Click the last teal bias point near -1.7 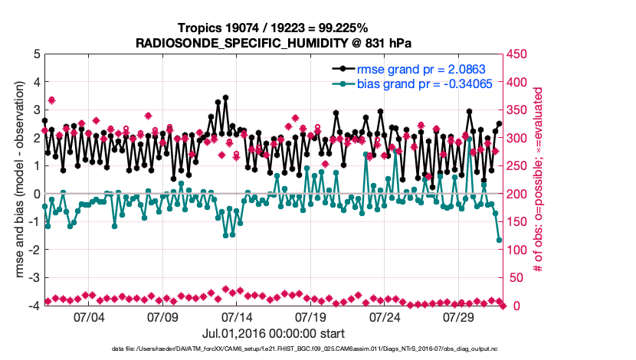point(500,241)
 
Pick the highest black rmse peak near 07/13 point(225,98)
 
